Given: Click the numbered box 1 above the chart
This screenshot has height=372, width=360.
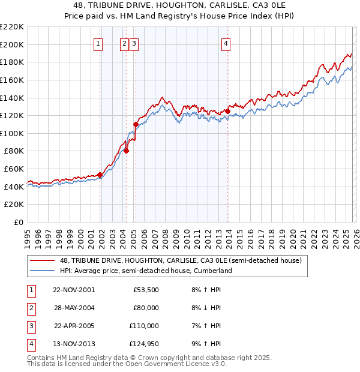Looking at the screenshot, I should tap(98, 43).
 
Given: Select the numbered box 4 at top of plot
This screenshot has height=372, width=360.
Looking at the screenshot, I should tap(226, 43).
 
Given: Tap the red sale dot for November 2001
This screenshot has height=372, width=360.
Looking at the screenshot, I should tap(100, 175).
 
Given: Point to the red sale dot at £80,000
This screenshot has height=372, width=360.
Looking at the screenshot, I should tap(127, 151).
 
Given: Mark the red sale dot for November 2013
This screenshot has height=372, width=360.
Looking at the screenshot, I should tap(228, 111).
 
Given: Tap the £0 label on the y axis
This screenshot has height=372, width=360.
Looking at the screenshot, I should tap(18, 222).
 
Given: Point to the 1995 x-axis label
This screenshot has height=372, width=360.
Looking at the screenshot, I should tap(28, 237).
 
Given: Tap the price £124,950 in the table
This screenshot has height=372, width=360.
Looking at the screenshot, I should tap(143, 344).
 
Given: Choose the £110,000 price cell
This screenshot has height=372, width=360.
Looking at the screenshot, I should tap(143, 326).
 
